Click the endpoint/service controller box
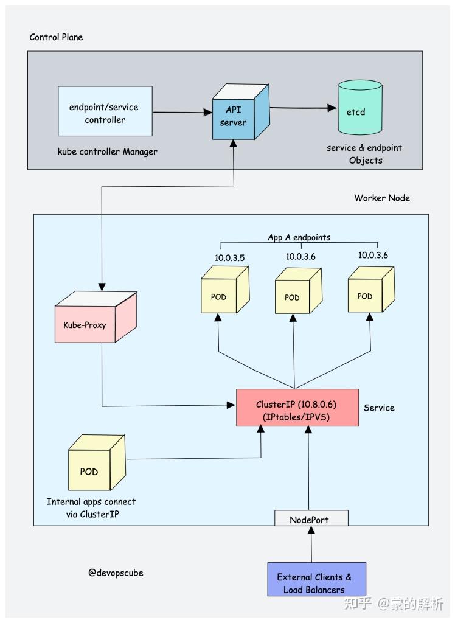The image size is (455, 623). (103, 113)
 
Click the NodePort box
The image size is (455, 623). (310, 519)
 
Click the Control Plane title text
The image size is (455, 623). (56, 37)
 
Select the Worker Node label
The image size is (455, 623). (382, 198)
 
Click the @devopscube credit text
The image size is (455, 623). (116, 573)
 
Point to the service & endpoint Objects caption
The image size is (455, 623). (364, 154)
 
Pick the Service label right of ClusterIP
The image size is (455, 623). (379, 408)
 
